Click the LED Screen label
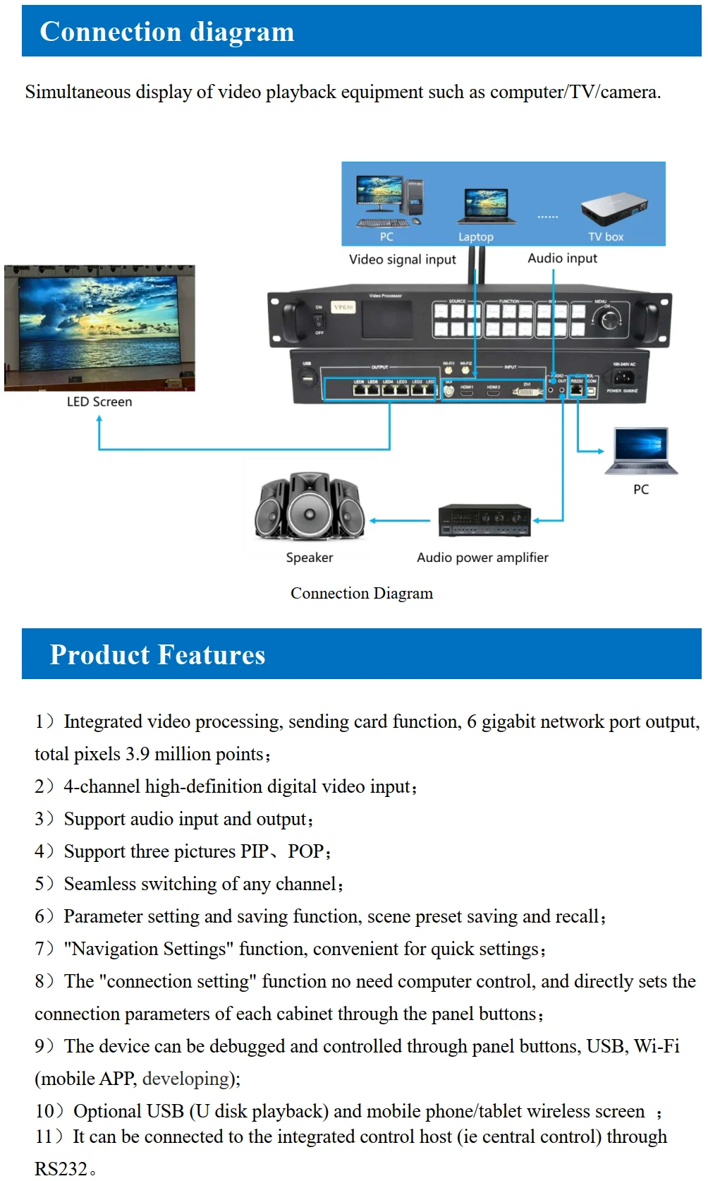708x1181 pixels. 99,402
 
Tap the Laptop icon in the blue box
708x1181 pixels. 486,205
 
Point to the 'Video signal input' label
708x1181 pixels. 402,259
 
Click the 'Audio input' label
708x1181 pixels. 562,258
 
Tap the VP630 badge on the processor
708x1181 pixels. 343,307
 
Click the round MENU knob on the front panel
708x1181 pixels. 608,320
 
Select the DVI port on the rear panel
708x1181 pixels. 527,390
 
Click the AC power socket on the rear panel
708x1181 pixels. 623,377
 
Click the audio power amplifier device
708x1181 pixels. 484,521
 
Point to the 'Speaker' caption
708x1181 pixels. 309,558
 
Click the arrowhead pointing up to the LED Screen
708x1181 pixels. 99,419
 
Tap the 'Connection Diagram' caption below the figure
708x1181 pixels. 362,593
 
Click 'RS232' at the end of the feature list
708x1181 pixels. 61,1169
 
